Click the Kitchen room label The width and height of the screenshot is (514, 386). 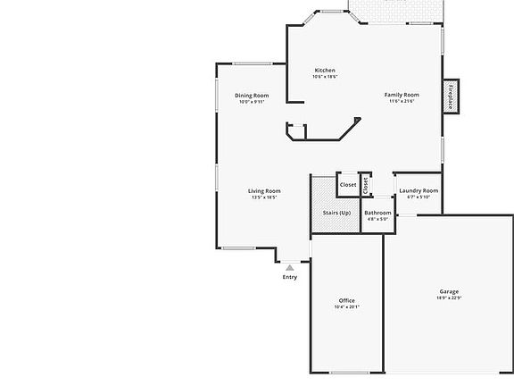(x=325, y=71)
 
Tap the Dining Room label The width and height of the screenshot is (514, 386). (x=252, y=96)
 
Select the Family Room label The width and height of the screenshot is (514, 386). (x=402, y=95)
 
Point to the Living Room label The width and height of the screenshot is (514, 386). (x=264, y=190)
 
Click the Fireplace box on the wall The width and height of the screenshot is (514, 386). (x=451, y=96)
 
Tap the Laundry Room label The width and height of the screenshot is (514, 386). (x=419, y=190)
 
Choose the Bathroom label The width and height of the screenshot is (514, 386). (x=377, y=213)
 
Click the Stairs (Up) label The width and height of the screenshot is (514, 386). (x=336, y=213)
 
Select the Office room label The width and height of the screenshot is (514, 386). (x=346, y=300)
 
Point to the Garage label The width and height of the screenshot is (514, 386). (x=449, y=291)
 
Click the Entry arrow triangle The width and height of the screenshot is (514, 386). (x=289, y=266)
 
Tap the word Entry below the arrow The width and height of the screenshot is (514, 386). (x=290, y=277)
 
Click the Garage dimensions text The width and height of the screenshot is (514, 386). (x=449, y=298)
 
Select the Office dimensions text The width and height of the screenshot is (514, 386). (x=346, y=306)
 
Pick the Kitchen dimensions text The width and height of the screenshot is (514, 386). (x=325, y=77)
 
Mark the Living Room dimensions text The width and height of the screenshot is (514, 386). (x=264, y=197)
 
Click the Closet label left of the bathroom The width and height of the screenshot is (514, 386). (x=348, y=185)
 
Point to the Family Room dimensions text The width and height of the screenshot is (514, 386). (x=402, y=101)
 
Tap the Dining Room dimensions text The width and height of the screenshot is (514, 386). (x=252, y=102)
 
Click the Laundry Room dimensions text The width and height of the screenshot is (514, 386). (x=419, y=197)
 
